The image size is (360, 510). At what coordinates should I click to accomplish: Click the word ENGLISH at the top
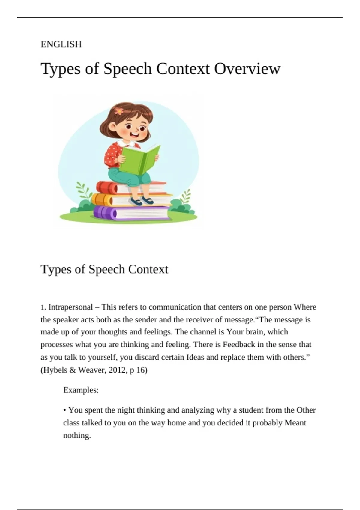pos(61,44)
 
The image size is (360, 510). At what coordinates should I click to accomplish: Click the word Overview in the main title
pos(247,69)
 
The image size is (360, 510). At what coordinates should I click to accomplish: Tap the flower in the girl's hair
pos(119,111)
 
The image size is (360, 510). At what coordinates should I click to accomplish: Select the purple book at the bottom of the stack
pos(132,213)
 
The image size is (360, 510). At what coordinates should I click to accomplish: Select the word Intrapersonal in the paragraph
pos(70,307)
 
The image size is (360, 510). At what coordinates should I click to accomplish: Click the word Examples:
pos(81,390)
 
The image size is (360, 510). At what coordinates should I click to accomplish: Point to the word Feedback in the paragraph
pos(239,345)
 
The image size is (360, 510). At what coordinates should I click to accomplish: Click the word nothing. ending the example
pos(77,435)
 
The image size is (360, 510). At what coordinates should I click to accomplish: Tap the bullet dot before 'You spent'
pos(65,410)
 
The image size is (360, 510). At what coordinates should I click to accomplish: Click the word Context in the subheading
pos(148,269)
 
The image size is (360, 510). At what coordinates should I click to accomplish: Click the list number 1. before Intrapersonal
pos(43,307)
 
